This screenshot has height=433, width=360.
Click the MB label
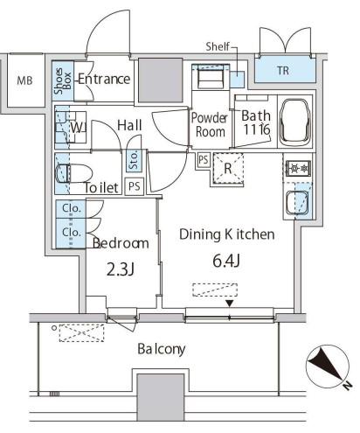[x=24, y=80]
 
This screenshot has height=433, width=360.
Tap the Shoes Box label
[x=63, y=80]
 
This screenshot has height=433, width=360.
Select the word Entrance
[x=104, y=79]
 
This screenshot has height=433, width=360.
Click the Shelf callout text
[x=218, y=46]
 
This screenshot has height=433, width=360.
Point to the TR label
[x=283, y=71]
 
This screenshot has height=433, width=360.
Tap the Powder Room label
[x=210, y=125]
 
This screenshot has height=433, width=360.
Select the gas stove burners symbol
[x=299, y=168]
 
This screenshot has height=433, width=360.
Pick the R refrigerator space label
[x=228, y=169]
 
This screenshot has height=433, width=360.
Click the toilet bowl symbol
[x=74, y=173]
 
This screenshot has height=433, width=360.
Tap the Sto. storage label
[x=134, y=160]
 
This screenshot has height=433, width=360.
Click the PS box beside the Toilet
[x=135, y=186]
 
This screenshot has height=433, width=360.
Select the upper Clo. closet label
[x=72, y=208]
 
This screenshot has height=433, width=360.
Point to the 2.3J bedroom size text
[x=120, y=269]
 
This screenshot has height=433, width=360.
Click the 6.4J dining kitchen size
[x=226, y=261]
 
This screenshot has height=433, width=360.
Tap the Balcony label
[x=162, y=349]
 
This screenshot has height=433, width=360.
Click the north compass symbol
[x=329, y=367]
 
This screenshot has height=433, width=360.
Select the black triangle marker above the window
[x=230, y=304]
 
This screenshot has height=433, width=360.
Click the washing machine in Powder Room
[x=211, y=76]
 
